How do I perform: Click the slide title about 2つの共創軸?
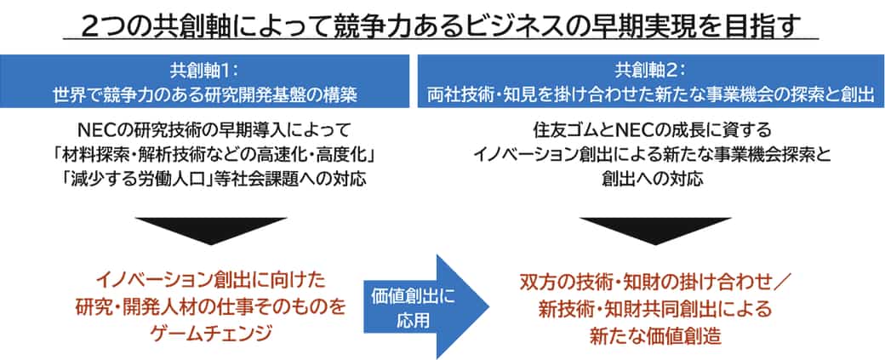coord(441,26)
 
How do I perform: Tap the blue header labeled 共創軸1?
coord(205,81)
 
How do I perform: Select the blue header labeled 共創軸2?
coord(651,81)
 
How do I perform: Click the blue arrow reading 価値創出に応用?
coord(425,307)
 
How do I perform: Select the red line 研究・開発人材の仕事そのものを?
coord(211,307)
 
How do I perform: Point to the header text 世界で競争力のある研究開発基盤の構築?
coord(205,94)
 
